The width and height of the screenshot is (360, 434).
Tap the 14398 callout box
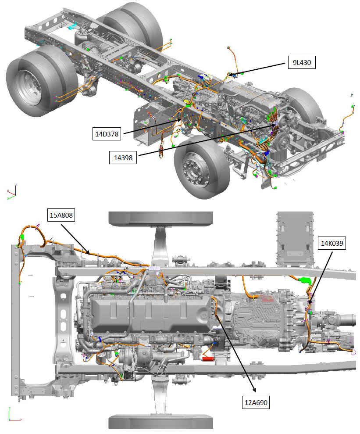pyautogui.click(x=123, y=156)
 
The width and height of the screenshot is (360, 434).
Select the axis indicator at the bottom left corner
pyautogui.click(x=12, y=413)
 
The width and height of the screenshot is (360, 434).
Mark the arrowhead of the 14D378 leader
pyautogui.click(x=182, y=120)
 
